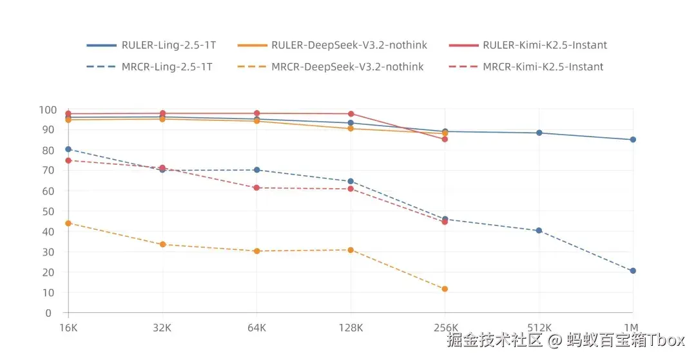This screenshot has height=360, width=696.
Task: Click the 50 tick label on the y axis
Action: (x=47, y=211)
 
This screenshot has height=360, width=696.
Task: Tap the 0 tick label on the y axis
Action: (x=48, y=313)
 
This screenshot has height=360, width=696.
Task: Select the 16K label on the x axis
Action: (x=68, y=327)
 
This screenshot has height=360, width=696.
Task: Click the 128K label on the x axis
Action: (x=351, y=327)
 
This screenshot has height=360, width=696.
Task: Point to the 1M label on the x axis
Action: (x=633, y=327)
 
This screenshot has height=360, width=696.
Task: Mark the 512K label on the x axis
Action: (x=539, y=327)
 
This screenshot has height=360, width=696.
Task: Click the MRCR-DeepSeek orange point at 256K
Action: (x=445, y=289)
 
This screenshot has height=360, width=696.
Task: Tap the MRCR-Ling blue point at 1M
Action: (x=633, y=271)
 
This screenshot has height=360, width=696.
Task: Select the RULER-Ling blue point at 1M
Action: (x=633, y=140)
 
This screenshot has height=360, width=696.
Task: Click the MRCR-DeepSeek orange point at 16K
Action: (x=68, y=223)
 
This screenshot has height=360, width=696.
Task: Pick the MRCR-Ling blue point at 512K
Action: (x=539, y=231)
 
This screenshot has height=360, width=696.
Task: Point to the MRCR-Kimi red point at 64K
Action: (x=256, y=188)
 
